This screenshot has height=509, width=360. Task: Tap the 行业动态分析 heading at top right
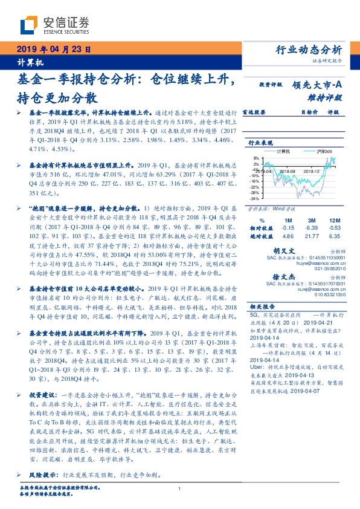pos(312,50)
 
